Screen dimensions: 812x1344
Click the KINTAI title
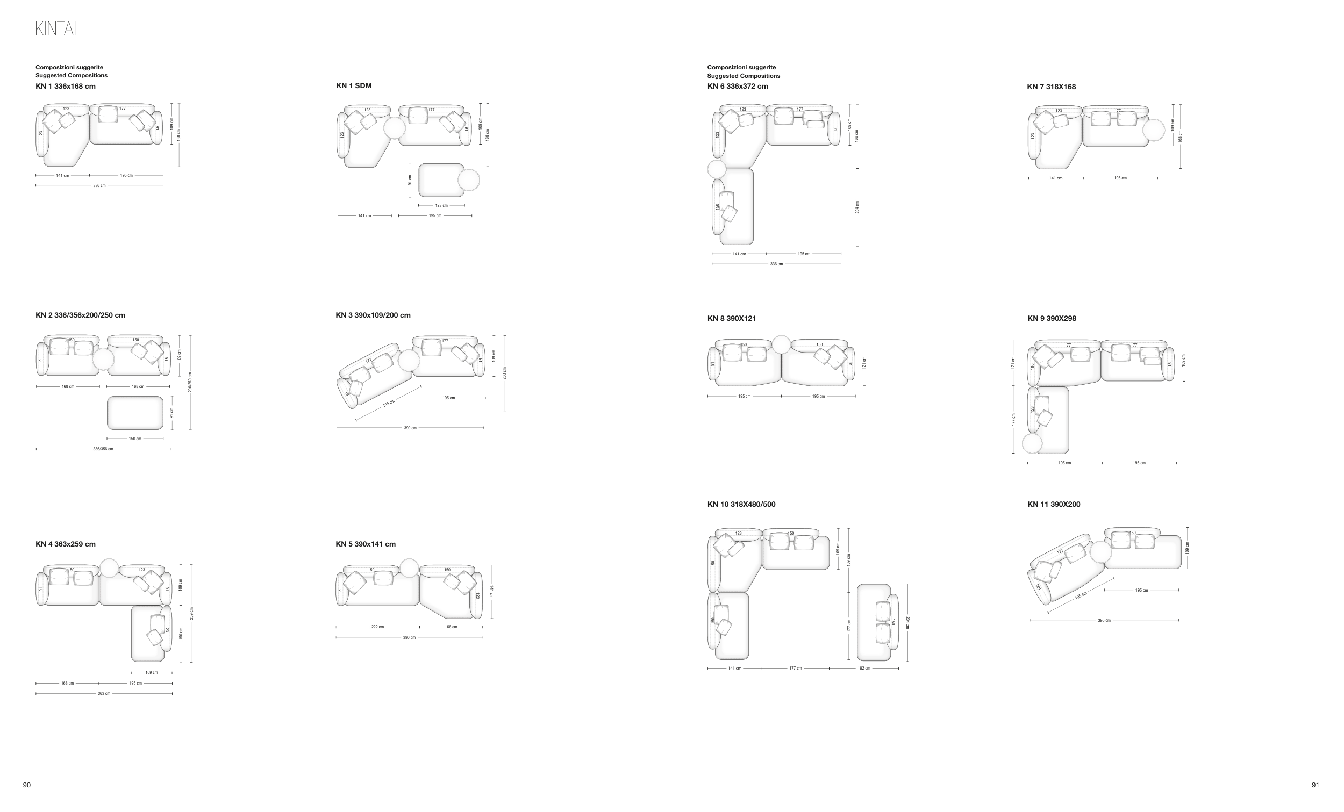(x=55, y=29)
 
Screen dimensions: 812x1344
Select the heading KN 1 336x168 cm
(x=66, y=86)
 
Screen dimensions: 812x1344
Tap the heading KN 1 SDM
(x=354, y=85)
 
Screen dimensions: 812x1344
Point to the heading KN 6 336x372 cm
(x=738, y=86)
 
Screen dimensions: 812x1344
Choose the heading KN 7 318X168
(x=1051, y=87)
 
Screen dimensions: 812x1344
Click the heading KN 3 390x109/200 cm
(x=373, y=315)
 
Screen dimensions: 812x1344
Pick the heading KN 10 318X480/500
(x=741, y=505)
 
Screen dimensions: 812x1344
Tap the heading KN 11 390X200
(x=1053, y=505)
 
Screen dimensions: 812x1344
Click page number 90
(x=27, y=785)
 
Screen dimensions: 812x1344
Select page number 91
(x=1315, y=785)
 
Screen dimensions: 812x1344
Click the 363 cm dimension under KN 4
(x=104, y=694)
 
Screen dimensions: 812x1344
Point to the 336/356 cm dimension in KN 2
(x=103, y=449)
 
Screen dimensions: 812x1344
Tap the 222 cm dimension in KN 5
(x=377, y=627)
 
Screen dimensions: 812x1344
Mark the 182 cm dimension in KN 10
(x=864, y=668)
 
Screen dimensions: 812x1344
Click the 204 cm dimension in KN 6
(x=857, y=207)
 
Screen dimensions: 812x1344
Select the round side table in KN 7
(x=1153, y=131)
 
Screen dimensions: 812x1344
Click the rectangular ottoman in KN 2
(x=135, y=413)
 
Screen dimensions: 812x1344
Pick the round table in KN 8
(x=781, y=344)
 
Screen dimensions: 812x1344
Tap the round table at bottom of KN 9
(x=1033, y=443)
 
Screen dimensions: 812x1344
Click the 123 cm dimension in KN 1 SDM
(x=441, y=206)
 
